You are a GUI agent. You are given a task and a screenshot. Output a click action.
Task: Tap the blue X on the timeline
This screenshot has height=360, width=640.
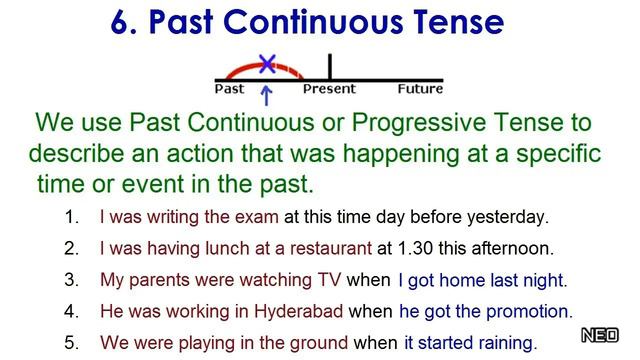(x=266, y=64)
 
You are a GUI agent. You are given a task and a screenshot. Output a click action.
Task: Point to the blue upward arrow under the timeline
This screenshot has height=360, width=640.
(x=266, y=96)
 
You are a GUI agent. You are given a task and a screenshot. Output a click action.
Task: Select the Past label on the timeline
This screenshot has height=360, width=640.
(x=230, y=89)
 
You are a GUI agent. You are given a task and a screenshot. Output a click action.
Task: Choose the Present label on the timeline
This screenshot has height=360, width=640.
(x=329, y=89)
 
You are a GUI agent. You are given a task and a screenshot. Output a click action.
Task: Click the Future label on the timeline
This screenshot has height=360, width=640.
(x=420, y=89)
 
